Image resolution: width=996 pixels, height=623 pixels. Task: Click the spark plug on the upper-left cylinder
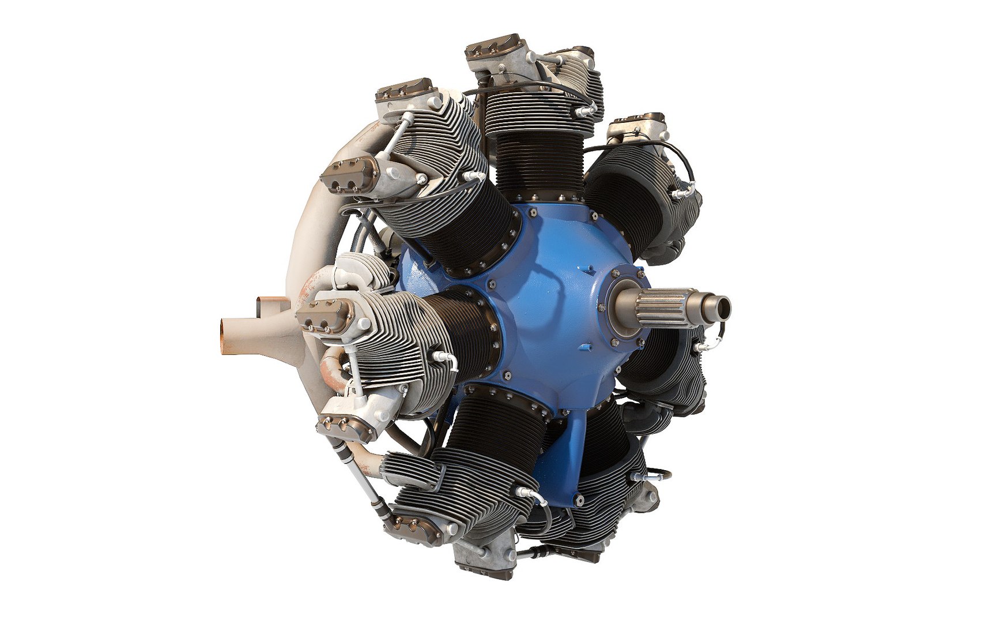tap(474, 174)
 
